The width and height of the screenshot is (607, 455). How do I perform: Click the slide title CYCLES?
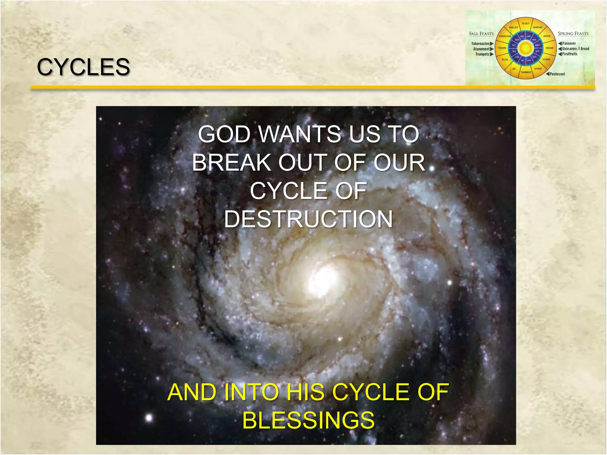83,67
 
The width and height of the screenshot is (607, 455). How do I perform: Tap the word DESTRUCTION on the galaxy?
308,219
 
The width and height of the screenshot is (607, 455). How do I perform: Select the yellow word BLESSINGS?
308,420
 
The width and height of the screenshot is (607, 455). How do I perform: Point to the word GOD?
225,134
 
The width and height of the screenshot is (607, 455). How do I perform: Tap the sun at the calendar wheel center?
525,48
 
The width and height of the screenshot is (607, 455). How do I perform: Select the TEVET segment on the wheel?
525,24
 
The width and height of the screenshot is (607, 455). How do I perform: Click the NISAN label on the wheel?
550,48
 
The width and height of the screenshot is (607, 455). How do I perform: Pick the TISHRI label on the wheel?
502,48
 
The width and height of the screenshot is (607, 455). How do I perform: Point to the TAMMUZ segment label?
526,72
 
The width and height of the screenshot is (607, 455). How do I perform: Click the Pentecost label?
557,74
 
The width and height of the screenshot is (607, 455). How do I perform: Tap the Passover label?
569,44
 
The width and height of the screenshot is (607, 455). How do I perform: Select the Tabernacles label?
480,44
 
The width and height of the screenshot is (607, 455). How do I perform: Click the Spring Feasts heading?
573,34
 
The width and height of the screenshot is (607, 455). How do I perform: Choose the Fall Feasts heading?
481,34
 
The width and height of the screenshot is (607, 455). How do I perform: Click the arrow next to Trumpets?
492,54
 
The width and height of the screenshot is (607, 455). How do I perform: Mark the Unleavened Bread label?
576,49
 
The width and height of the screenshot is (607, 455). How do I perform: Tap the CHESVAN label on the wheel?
505,36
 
